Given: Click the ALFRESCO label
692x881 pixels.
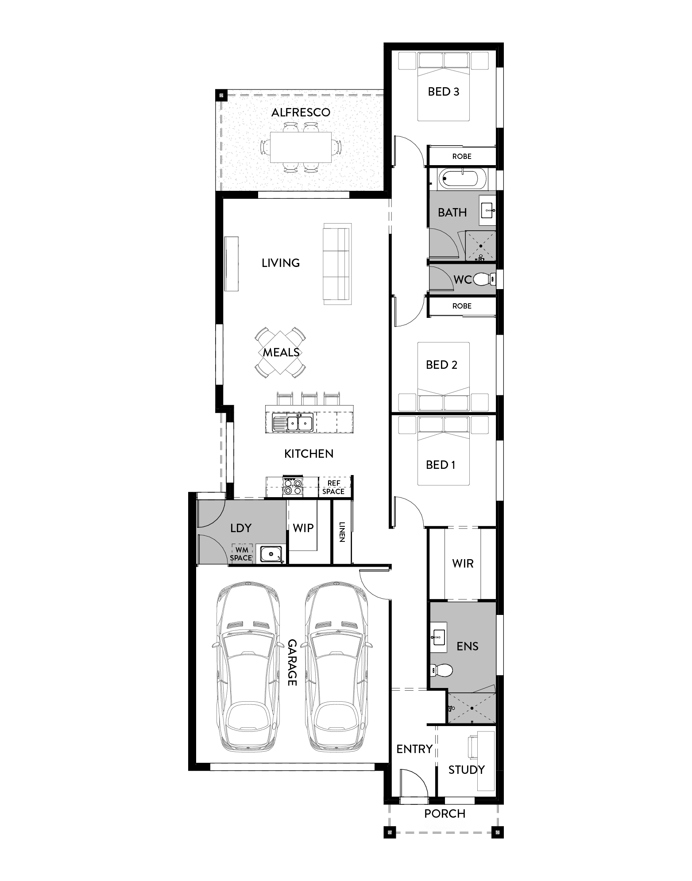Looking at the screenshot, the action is click(x=301, y=112).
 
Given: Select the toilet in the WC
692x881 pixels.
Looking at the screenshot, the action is click(x=483, y=279).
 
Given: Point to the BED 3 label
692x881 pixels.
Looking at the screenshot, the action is click(x=443, y=92).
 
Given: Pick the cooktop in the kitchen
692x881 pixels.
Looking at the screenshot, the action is click(x=293, y=487).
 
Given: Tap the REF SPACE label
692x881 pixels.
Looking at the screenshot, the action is click(x=333, y=487).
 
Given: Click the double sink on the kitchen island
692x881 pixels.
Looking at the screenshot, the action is click(x=293, y=423).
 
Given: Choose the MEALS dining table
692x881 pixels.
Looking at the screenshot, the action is click(x=280, y=352).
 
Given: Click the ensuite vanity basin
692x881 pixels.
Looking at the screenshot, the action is click(x=438, y=638).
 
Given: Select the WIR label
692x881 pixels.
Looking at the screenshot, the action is click(x=463, y=564).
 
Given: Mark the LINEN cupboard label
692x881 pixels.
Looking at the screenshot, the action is click(x=342, y=532).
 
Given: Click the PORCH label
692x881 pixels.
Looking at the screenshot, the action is click(x=445, y=814).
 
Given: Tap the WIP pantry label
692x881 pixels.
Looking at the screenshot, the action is click(x=303, y=528).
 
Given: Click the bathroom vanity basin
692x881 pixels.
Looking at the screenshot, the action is click(x=487, y=211).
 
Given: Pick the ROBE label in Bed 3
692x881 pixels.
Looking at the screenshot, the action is click(x=462, y=156).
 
